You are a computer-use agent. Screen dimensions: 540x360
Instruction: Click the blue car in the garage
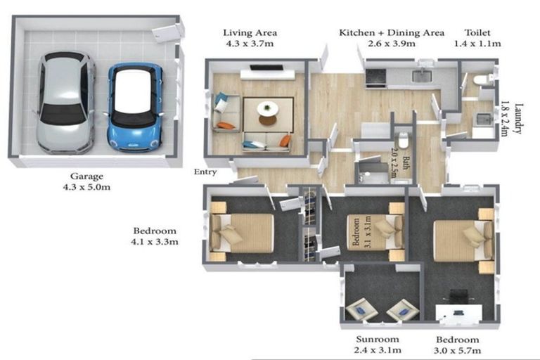pos(135,107)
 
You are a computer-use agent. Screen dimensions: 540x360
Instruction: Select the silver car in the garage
pos(65,103)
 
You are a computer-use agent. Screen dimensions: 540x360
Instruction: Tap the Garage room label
pos(86,176)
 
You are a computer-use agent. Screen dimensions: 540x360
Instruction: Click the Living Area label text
pos(250,33)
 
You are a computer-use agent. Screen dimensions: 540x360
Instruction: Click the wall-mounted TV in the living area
pos(266,67)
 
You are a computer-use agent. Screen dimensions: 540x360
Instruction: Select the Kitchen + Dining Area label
pos(392,33)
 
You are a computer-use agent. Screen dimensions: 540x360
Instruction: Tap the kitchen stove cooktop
pos(375,77)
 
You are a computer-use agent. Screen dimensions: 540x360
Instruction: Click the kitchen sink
pos(422,76)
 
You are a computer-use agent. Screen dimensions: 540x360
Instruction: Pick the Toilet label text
pos(477,33)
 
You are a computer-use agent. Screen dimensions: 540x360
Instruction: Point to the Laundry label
pos(518,119)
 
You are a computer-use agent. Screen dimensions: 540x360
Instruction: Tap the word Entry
pos(205,172)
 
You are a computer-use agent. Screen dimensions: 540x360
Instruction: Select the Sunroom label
pos(378,340)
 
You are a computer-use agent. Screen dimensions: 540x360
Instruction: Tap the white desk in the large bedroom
pos(458,314)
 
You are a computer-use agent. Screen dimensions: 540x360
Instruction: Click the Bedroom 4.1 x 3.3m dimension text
pos(155,242)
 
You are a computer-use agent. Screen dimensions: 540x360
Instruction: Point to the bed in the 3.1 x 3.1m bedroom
pos(375,231)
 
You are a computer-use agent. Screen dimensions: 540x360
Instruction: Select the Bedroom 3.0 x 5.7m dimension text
pos(457,351)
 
